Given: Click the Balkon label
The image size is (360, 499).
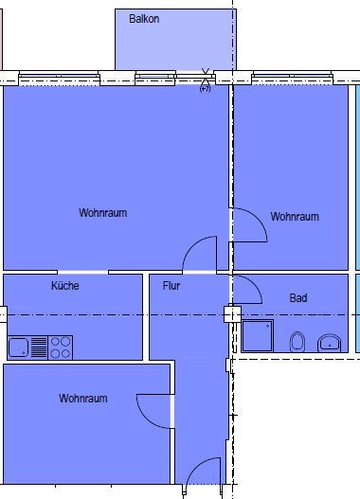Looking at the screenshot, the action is pos(144,19).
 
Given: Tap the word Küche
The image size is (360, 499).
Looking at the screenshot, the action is pos(65,285).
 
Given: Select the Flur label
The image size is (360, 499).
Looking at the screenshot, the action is pos(171,285).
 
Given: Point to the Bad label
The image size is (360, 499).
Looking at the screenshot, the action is pos(298,298).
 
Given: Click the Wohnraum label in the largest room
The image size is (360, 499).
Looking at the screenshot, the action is pos(103,213).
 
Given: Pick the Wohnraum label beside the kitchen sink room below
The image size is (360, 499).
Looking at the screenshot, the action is pos(83,398).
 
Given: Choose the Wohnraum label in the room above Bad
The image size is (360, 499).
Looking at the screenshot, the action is pos(295,217).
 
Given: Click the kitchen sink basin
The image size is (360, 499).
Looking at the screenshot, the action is pos(18,348).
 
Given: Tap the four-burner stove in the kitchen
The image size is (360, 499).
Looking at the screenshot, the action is pos(61,348).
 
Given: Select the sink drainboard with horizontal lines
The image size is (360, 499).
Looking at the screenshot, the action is pos(39,348).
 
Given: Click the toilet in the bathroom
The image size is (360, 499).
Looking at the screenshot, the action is pos(297,342).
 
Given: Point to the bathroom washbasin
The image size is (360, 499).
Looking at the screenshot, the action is pos(329,343).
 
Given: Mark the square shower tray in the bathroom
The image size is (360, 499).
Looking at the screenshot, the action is pos(258,336).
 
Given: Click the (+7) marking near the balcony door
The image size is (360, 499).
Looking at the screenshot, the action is pos(205,89).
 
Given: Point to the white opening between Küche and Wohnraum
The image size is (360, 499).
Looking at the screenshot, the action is pos(82,272).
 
